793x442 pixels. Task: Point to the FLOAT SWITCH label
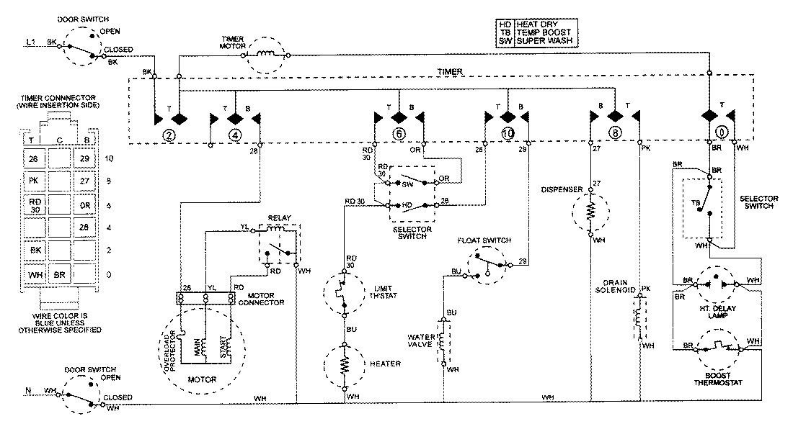coord(484,240)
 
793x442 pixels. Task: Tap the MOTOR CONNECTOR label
coord(262,297)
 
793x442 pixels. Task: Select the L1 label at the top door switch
coord(30,43)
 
